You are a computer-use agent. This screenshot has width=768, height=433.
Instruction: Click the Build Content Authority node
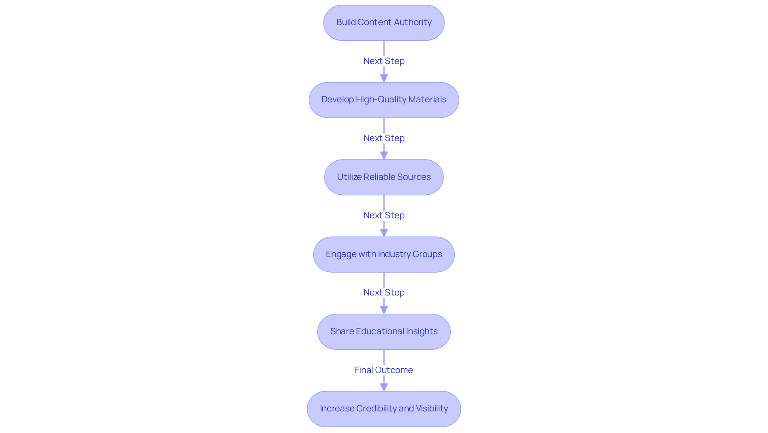click(384, 23)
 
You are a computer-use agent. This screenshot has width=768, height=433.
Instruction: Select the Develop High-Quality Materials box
click(384, 100)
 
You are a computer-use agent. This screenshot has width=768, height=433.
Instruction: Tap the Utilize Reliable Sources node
click(384, 177)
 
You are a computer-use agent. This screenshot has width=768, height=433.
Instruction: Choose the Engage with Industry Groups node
click(384, 254)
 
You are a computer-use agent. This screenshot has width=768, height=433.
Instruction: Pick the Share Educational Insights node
click(384, 331)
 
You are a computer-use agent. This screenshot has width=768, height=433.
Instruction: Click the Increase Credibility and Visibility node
click(384, 409)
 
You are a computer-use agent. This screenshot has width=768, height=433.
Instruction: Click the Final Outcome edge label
click(384, 370)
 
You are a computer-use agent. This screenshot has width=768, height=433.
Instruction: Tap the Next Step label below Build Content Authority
click(384, 61)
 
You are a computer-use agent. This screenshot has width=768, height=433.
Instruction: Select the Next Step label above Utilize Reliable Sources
click(384, 138)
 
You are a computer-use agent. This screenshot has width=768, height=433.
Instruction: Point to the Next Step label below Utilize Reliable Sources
click(384, 215)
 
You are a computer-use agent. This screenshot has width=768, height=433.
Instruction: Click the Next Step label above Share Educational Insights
click(384, 292)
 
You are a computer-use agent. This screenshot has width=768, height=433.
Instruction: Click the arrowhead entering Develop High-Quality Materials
click(384, 78)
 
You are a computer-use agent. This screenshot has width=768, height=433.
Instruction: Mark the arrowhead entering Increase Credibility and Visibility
click(384, 387)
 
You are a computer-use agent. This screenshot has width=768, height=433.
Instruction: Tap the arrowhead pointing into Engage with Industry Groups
click(384, 233)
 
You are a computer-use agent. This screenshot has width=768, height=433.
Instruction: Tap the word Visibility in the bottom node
click(432, 409)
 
